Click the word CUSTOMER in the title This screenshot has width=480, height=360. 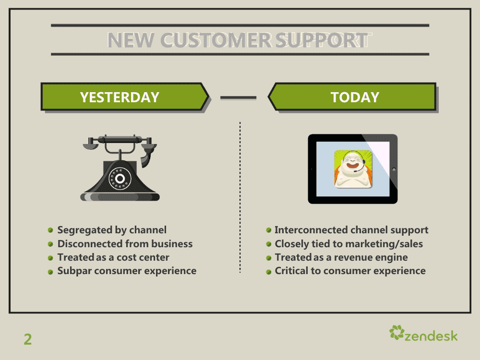(x=216, y=40)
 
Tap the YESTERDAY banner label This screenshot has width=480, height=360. (x=120, y=97)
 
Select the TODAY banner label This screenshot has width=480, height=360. (x=355, y=97)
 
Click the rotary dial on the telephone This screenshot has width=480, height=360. (x=120, y=179)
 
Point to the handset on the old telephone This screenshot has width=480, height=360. (x=120, y=140)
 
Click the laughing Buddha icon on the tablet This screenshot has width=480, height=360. (x=354, y=168)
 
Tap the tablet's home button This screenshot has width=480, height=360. (x=394, y=169)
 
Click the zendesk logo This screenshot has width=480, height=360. (x=423, y=334)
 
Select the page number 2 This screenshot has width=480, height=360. (x=27, y=339)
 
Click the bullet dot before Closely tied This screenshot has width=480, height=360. (x=269, y=244)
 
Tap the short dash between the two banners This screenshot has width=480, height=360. (x=238, y=97)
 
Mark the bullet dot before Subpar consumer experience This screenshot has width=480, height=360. (x=50, y=272)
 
